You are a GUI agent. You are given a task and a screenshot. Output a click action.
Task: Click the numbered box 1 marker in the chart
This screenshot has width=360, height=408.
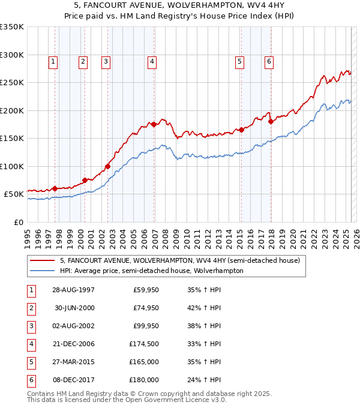point(53,61)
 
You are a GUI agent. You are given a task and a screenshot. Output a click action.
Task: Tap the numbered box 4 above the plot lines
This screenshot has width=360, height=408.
point(152,61)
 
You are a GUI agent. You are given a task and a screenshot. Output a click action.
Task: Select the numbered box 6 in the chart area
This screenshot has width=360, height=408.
point(269,61)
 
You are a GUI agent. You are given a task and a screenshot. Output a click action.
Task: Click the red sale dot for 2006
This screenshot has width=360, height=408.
point(154,124)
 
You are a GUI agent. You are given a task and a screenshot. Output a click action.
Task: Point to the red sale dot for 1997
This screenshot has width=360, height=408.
point(55,188)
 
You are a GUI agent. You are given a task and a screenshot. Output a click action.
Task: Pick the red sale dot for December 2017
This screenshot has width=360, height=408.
point(271,121)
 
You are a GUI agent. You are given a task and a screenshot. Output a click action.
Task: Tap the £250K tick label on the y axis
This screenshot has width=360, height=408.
point(12,82)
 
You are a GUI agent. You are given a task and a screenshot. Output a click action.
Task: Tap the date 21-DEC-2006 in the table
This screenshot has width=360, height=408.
point(73,344)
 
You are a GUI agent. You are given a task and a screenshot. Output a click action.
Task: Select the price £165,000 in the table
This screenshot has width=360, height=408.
point(144,362)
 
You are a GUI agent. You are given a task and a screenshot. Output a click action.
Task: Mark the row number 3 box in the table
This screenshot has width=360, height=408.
point(31,326)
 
